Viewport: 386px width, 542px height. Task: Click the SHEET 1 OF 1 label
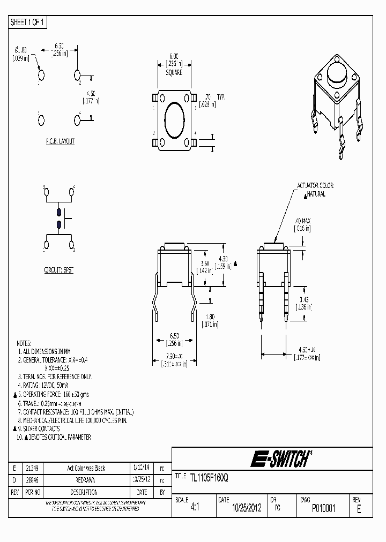coord(28,22)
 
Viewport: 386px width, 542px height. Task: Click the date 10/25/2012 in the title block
coord(247,508)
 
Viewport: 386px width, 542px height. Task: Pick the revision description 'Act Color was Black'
coord(86,468)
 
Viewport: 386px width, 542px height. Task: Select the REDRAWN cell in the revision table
coord(86,480)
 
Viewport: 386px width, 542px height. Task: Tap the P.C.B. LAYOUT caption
coord(60,141)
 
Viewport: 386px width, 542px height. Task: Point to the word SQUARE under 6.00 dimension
coord(174,72)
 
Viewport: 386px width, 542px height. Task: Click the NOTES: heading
coord(24,343)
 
